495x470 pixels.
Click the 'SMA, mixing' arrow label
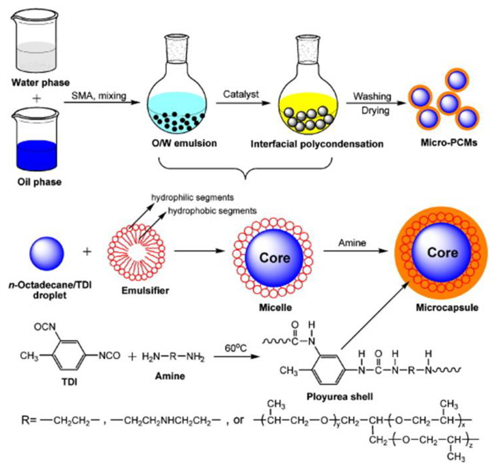(x=99, y=96)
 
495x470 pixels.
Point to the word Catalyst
(x=241, y=94)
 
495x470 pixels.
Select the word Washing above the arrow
(x=372, y=96)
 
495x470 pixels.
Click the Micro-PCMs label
(x=449, y=143)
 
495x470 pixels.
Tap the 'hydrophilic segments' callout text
(x=192, y=198)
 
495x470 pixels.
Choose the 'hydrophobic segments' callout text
(x=212, y=211)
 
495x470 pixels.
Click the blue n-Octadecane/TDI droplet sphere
(x=47, y=254)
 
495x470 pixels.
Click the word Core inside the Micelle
(x=275, y=258)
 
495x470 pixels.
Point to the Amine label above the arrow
(x=352, y=243)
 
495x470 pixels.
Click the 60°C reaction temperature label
(x=236, y=348)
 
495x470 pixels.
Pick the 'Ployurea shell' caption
(x=340, y=397)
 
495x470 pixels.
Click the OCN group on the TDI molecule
(x=45, y=327)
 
